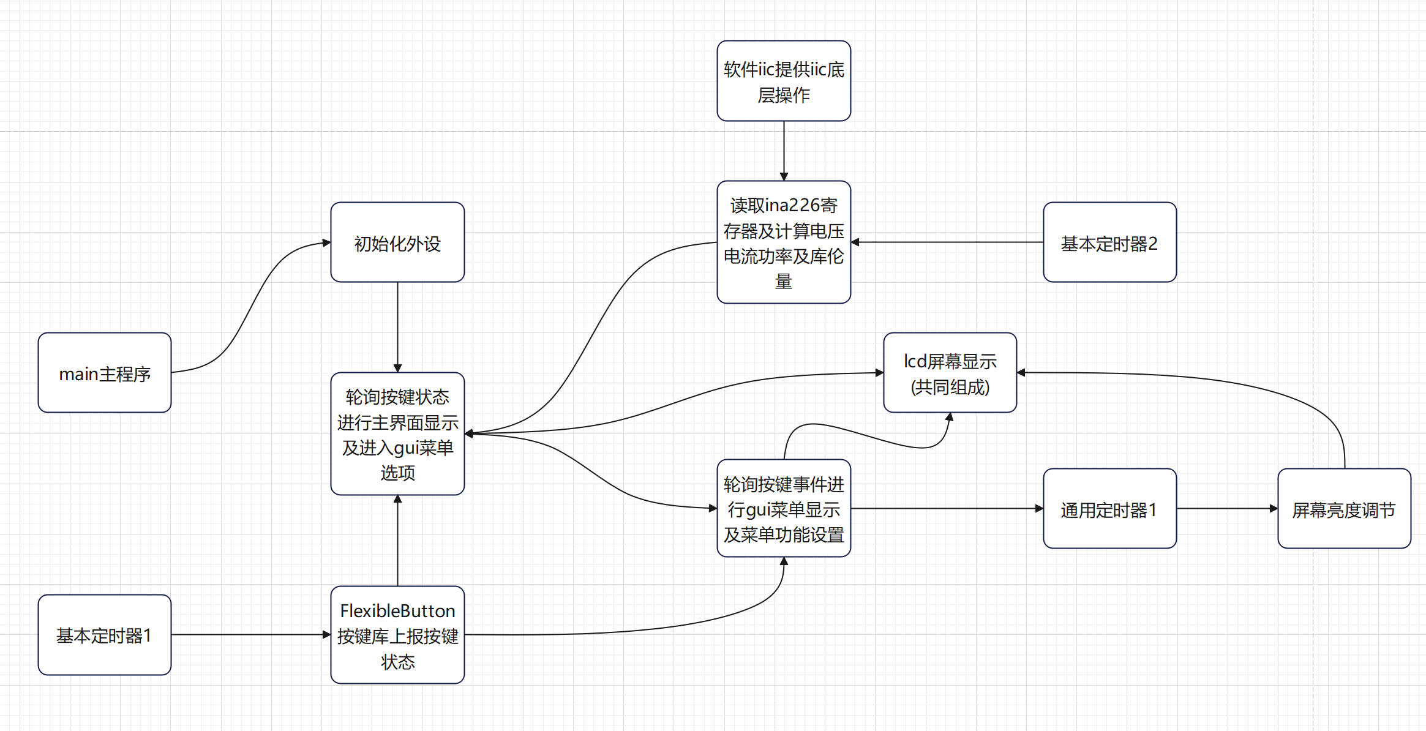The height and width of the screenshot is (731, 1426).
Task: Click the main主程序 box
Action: pyautogui.click(x=105, y=373)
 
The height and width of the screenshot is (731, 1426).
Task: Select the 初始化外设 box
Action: pyautogui.click(x=397, y=242)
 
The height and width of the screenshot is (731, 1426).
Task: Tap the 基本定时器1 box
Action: pyautogui.click(x=105, y=635)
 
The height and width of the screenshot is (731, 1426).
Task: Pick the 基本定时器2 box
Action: pyautogui.click(x=1109, y=242)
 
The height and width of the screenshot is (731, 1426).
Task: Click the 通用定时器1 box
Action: pyautogui.click(x=1109, y=509)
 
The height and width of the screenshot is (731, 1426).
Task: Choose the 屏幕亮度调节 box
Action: pyautogui.click(x=1344, y=509)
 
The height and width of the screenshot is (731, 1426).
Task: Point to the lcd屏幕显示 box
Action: pyautogui.click(x=950, y=373)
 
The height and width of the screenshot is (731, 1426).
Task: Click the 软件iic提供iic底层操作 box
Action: pyautogui.click(x=784, y=81)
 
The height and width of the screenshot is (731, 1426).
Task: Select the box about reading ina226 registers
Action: pyautogui.click(x=784, y=242)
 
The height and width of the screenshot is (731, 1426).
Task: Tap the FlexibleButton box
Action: pyautogui.click(x=397, y=635)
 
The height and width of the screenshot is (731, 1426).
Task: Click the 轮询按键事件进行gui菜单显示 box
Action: pyautogui.click(x=784, y=509)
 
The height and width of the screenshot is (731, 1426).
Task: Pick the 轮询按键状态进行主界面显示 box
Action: pyautogui.click(x=397, y=434)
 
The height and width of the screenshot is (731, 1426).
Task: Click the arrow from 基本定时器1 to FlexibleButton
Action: pyautogui.click(x=251, y=635)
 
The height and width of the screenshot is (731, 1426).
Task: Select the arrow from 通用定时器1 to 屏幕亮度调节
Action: pyautogui.click(x=1227, y=509)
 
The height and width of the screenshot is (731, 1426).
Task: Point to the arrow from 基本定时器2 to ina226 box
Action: pyautogui.click(x=947, y=242)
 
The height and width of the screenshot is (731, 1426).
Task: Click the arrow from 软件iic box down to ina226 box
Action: pyautogui.click(x=784, y=151)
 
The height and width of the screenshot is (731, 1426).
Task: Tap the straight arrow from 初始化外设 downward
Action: pyautogui.click(x=397, y=327)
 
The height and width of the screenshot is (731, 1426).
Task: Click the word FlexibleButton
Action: pyautogui.click(x=397, y=611)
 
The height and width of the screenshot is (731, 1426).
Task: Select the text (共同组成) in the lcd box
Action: pyautogui.click(x=950, y=388)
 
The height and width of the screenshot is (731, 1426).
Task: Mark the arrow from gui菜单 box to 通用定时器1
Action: pyautogui.click(x=947, y=509)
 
